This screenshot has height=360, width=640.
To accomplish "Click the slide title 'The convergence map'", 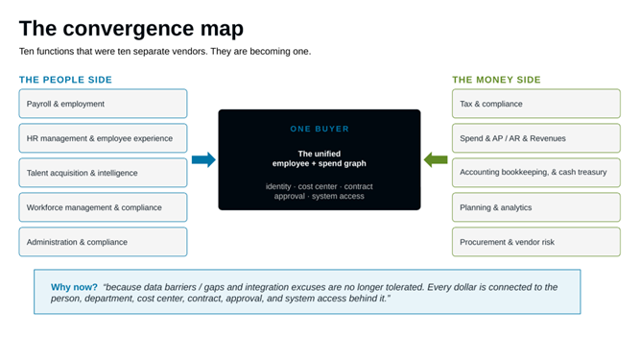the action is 131,29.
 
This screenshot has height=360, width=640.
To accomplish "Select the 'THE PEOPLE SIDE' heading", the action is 65,80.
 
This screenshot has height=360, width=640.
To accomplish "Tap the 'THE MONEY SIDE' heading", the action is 496,80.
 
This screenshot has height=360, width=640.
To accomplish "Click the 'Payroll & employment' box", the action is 103,104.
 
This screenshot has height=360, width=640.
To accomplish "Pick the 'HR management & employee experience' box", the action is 103,138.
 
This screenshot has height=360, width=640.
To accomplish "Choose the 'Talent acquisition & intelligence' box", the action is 103,173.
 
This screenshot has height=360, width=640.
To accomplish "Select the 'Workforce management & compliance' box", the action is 103,207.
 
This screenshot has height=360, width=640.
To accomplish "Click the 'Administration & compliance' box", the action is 103,242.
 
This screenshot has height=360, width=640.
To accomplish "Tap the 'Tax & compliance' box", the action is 536,104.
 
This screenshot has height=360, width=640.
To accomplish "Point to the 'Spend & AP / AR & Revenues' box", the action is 536,138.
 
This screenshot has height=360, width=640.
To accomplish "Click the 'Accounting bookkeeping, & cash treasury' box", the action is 536,173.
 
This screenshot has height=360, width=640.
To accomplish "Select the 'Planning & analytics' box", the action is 536,207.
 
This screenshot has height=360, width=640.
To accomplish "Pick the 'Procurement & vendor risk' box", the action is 536,242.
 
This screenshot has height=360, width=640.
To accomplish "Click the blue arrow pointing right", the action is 203,159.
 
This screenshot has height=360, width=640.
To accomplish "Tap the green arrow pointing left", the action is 436,159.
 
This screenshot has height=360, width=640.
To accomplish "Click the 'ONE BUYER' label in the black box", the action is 320,129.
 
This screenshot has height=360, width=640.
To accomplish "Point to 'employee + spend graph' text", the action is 320,163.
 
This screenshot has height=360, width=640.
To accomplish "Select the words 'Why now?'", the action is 74,287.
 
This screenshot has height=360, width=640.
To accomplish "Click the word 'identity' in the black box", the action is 278,186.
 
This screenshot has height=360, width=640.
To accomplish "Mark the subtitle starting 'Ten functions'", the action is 165,52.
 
